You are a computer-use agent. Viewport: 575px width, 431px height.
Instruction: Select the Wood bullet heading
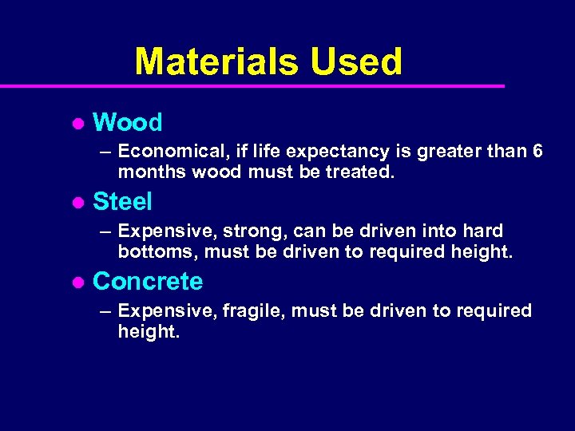pos(127,123)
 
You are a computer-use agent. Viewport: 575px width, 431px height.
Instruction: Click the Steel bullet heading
pos(122,202)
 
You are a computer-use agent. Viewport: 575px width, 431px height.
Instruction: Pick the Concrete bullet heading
pos(148,282)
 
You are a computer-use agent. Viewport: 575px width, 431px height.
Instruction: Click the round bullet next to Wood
pos(77,124)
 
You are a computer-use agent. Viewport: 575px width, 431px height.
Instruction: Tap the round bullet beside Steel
pos(77,203)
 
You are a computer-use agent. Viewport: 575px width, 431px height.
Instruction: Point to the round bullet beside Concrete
pos(77,283)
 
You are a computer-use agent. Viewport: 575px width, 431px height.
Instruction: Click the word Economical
pos(168,152)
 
